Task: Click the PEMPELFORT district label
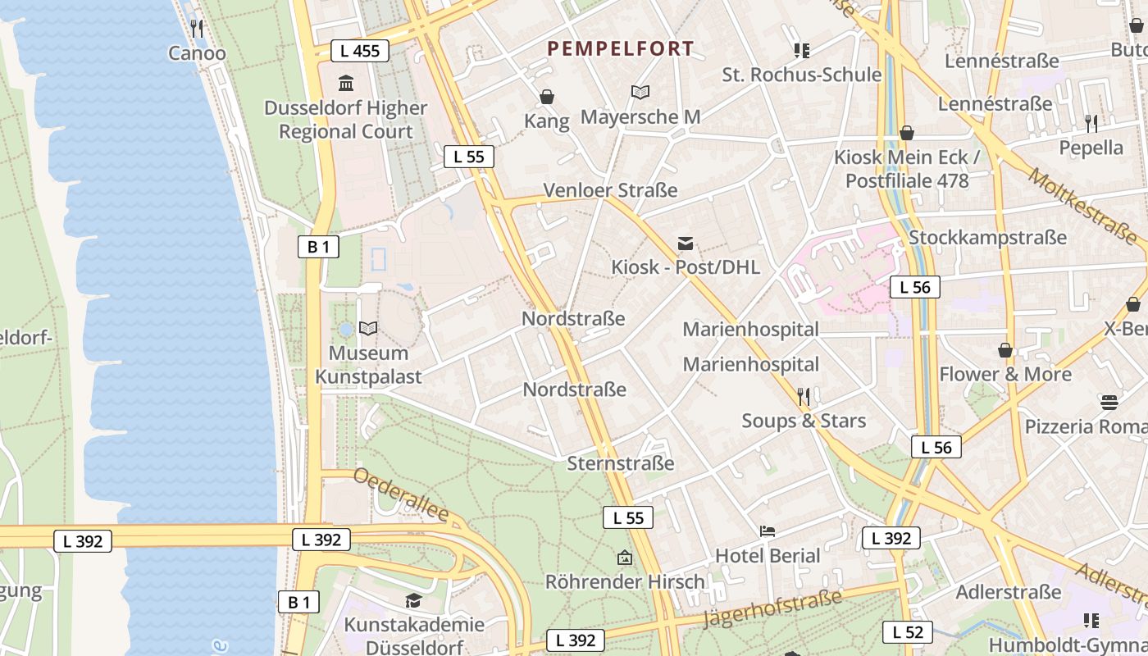point(620,49)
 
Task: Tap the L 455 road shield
point(359,51)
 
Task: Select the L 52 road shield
point(908,632)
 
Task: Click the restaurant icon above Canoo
point(196,29)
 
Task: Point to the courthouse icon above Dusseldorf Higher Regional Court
point(346,84)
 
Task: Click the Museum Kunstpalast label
point(368,365)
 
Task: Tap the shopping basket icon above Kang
point(547,98)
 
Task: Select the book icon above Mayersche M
point(640,93)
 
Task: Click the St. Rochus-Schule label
point(801,75)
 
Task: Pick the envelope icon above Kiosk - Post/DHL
point(686,244)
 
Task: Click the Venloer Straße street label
point(610,190)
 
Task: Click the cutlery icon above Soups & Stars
point(804,397)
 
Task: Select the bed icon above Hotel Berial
point(768,531)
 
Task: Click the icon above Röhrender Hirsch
point(625,558)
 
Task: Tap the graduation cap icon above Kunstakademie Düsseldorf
point(413,601)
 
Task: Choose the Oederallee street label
point(401,494)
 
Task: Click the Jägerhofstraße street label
point(774,608)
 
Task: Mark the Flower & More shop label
point(1004,375)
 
